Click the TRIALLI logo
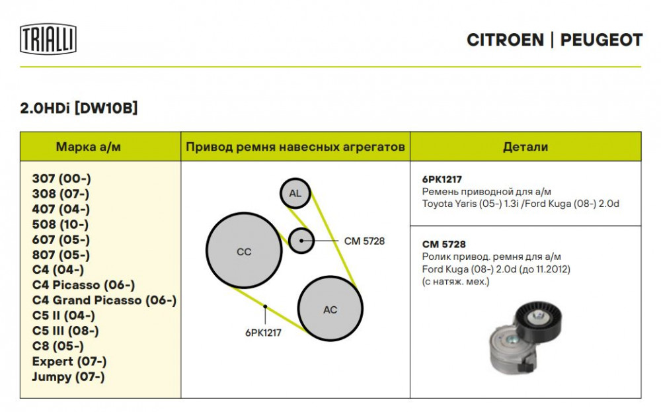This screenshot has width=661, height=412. pos(48,39)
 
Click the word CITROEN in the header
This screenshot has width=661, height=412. pos(505,40)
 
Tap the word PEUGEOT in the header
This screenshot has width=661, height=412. pos(601,40)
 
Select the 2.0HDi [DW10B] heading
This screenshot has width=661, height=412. pos(79,108)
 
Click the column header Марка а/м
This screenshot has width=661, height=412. pos(88,147)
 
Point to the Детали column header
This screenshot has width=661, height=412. pos(525,147)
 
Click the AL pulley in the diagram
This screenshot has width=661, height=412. pos(295,193)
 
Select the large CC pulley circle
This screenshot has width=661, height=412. pos(244,251)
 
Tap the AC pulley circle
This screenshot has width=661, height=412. pos(330,309)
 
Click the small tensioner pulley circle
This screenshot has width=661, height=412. pos(301,241)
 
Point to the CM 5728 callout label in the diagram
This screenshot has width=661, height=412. pos(364,241)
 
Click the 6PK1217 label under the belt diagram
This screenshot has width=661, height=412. pos(263,333)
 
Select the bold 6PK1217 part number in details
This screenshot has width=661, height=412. pos(442,180)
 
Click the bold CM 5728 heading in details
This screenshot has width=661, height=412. pos(444,245)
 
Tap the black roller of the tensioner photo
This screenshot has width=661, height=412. pos(538,318)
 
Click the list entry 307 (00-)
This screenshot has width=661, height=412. pos(61,179)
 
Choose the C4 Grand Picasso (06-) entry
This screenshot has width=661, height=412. pos(104,300)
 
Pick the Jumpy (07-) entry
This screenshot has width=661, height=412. pos(68,376)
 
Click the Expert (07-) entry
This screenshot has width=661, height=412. pos(69,361)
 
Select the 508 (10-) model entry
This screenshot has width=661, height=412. pos(60,224)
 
